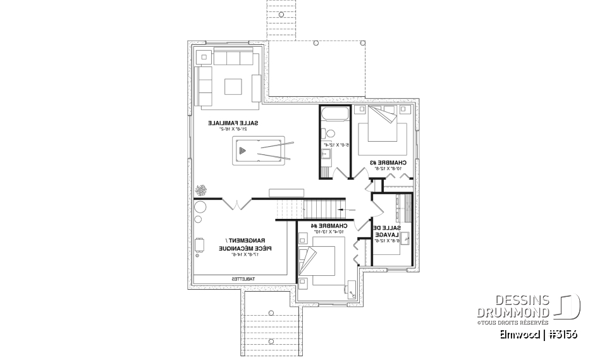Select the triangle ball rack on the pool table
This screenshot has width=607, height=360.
pyautogui.click(x=245, y=151)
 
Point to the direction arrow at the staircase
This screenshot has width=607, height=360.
pyautogui.click(x=342, y=208)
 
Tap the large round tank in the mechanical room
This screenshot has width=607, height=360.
pyautogui.click(x=201, y=208)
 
